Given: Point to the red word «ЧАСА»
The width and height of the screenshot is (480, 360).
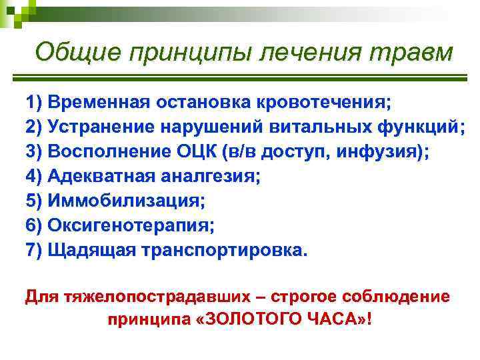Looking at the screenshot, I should (x=330, y=319).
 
